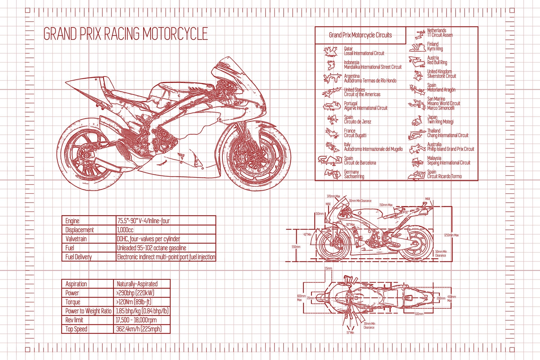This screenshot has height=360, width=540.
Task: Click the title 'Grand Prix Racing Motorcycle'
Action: click(x=125, y=34)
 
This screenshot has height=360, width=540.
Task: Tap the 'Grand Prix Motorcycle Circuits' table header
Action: click(x=360, y=35)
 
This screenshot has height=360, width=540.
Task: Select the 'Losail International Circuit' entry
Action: click(x=364, y=53)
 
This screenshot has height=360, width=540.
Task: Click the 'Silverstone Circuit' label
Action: click(x=441, y=76)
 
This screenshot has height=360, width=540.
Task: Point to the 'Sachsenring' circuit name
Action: click(x=354, y=176)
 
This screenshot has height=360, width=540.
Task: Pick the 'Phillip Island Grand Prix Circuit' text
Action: click(x=450, y=149)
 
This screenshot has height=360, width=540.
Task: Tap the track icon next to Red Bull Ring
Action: click(x=417, y=61)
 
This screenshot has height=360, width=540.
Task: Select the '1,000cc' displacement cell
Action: click(x=125, y=230)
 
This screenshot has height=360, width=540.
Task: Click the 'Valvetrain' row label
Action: click(x=76, y=239)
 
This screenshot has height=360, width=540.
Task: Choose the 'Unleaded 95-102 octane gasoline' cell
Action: click(x=151, y=248)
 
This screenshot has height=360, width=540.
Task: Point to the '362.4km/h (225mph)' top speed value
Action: click(x=139, y=329)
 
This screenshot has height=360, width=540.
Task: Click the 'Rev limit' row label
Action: click(x=74, y=320)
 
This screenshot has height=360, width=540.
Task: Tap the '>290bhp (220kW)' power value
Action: click(x=135, y=293)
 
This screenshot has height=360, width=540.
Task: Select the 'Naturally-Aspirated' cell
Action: click(x=137, y=284)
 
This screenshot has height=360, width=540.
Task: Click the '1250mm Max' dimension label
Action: click(x=451, y=235)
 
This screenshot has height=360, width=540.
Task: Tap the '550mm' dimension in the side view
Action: click(x=296, y=247)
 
